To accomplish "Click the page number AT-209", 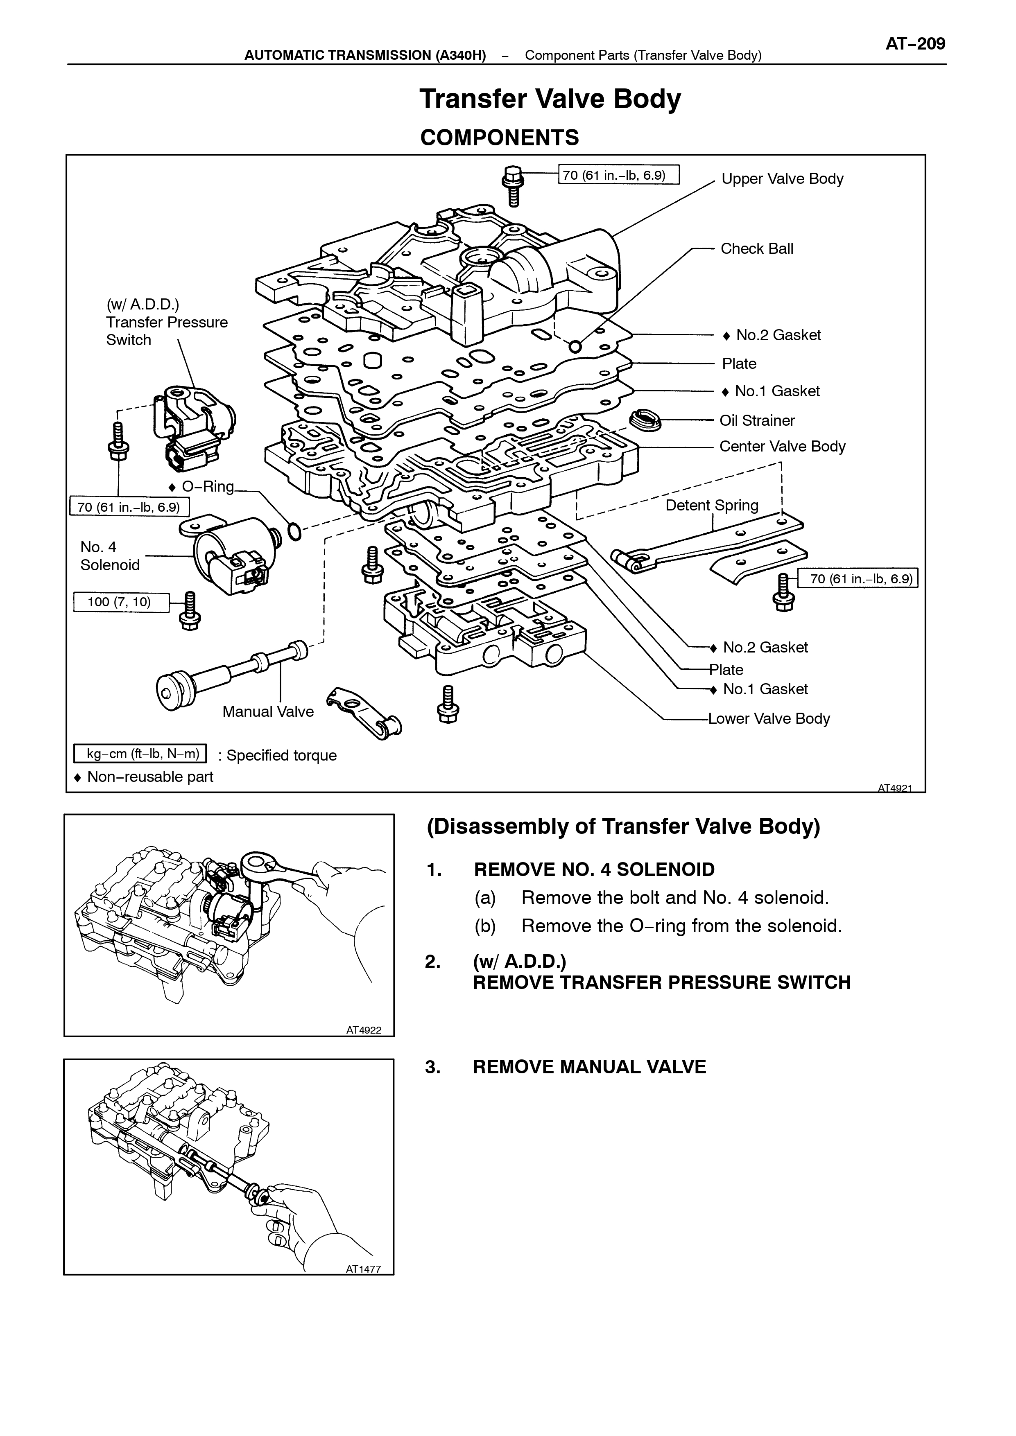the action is pos(915,44).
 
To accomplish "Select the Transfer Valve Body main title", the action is pos(550,99).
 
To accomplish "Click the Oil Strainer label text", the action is pos(757,420).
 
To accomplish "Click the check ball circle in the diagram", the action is pos(575,346).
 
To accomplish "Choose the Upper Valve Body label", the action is pos(782,179).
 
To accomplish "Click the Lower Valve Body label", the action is pos(769,719).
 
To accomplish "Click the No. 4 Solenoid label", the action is pos(109,556).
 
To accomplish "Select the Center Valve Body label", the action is pos(782,447).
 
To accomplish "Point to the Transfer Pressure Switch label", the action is pos(167,322).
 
